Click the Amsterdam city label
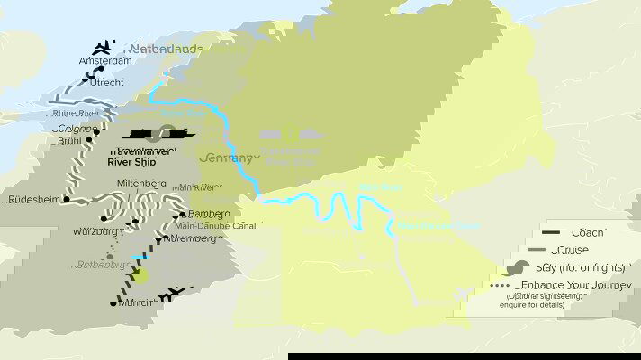(x=105, y=61)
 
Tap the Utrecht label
(x=107, y=82)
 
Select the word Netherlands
(x=167, y=48)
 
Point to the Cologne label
(x=74, y=129)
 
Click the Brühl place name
(x=68, y=141)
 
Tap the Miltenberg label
(x=142, y=184)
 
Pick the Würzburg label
(x=96, y=231)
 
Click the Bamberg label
(x=209, y=213)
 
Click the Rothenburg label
(x=100, y=265)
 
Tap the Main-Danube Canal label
(x=215, y=226)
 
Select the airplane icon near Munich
(x=176, y=293)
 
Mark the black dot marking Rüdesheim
(x=66, y=200)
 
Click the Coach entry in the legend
(x=586, y=233)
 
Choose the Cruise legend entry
(x=586, y=250)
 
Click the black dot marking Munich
(x=113, y=303)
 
